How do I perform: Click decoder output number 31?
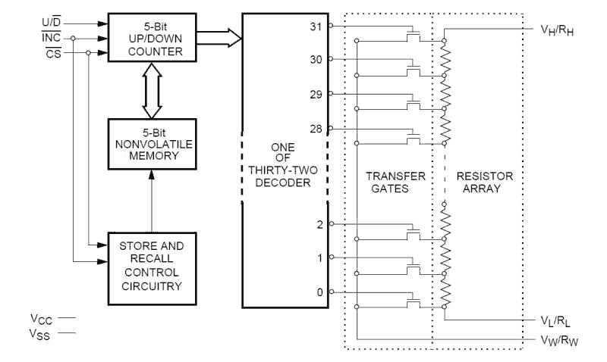(316, 27)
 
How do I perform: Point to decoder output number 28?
(316, 128)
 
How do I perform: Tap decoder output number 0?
(320, 292)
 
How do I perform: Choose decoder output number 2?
(320, 224)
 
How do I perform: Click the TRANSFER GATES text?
(394, 183)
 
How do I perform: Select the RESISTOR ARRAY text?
(485, 183)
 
